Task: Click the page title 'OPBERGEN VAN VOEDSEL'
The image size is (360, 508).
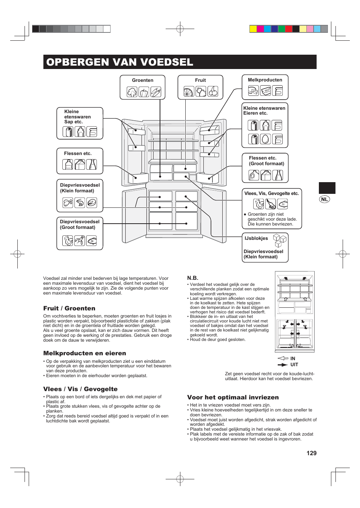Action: (120, 62)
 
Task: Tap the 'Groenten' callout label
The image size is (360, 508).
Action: (143, 80)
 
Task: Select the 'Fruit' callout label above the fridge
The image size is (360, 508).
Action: (200, 80)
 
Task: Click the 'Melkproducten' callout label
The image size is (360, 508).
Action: (265, 80)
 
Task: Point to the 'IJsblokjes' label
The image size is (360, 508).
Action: (256, 238)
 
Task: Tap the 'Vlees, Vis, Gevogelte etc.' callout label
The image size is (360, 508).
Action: (271, 193)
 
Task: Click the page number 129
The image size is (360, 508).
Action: (311, 453)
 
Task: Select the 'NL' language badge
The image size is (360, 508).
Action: (325, 199)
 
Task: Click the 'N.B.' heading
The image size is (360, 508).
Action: (193, 278)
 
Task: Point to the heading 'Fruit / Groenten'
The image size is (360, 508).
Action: (69, 308)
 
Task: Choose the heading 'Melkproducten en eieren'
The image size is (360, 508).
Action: (85, 353)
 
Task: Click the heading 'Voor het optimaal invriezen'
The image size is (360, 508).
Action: (233, 397)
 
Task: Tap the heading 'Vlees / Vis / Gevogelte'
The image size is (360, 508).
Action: (80, 389)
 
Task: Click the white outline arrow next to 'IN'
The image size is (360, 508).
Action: (283, 358)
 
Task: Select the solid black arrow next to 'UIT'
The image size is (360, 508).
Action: (283, 365)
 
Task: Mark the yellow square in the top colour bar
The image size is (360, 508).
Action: (253, 29)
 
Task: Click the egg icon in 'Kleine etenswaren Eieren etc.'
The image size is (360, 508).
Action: (265, 139)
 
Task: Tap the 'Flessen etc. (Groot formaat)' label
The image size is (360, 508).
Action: (266, 161)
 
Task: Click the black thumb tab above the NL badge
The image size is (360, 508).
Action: (327, 188)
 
